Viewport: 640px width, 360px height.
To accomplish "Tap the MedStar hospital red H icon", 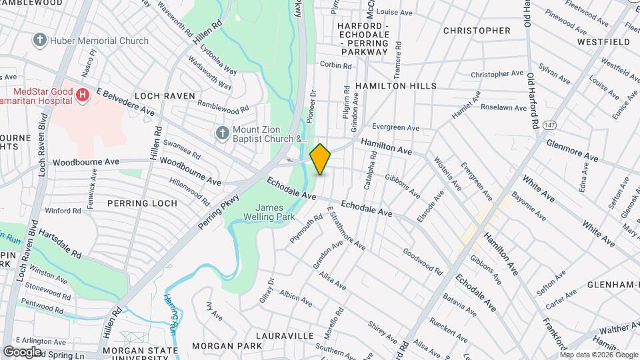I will [x=83, y=95].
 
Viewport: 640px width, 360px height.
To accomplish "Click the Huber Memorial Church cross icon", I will [x=41, y=41].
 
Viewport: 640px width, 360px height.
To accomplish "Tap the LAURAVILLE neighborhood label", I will [x=284, y=336].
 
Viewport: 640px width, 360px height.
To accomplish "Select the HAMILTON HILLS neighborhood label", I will [x=396, y=86].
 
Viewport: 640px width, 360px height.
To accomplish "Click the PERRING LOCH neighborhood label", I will [x=145, y=203].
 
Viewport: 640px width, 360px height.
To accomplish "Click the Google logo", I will [x=22, y=351].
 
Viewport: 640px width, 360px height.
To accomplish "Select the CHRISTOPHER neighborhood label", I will [x=477, y=31].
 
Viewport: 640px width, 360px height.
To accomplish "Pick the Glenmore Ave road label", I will [x=572, y=150].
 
